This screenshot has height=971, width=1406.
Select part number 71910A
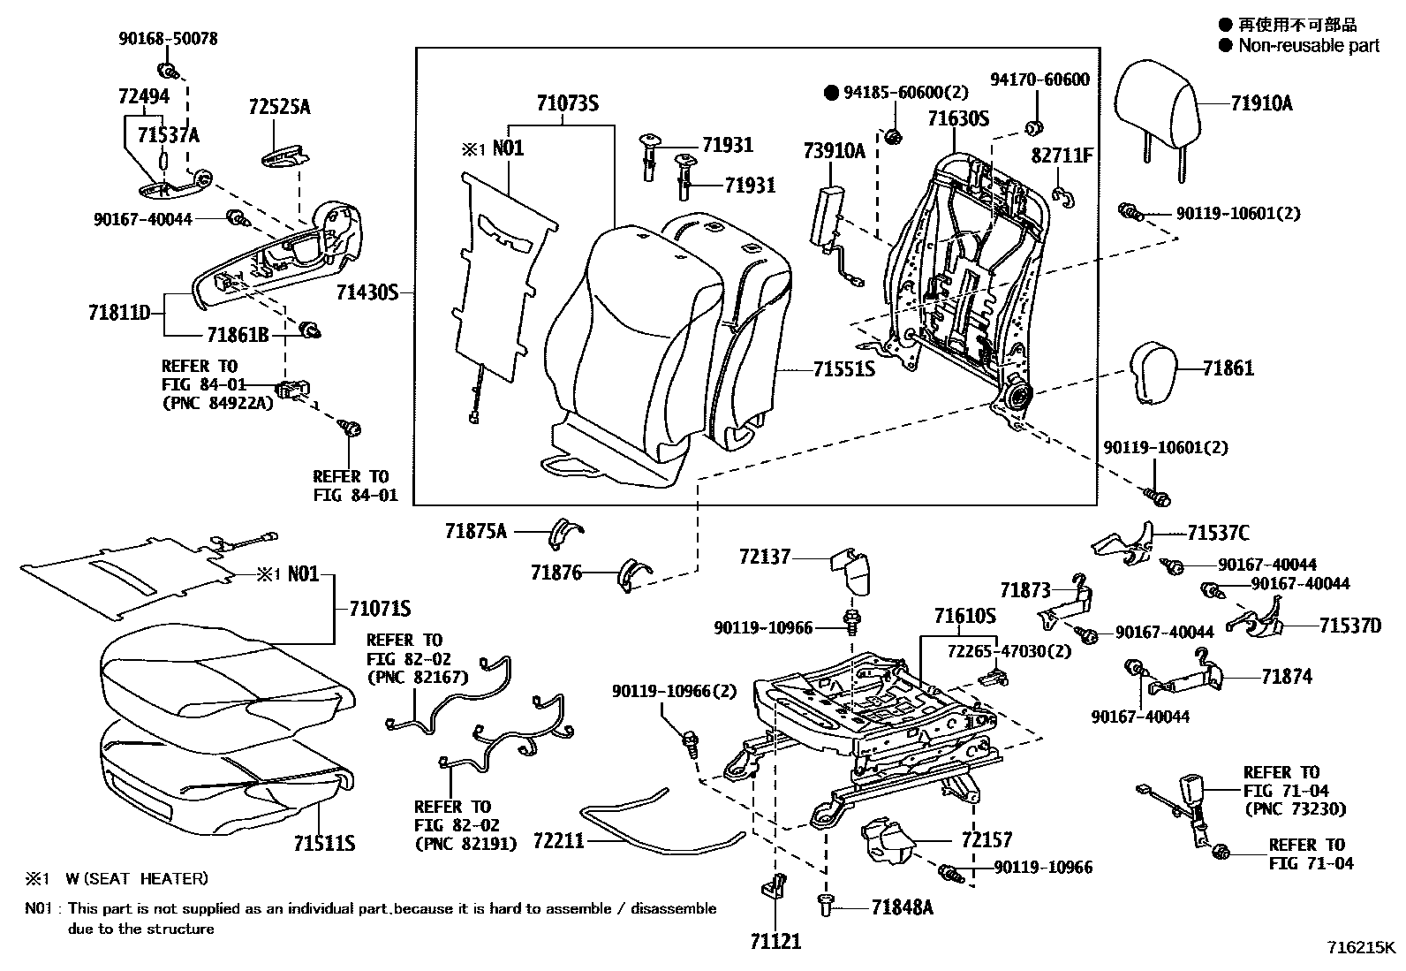pos(1261,104)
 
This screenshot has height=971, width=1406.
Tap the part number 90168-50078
pos(168,39)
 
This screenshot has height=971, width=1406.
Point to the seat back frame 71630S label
pos(958,119)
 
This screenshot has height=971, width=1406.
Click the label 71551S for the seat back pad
pos(844,368)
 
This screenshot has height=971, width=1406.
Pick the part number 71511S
pos(324,843)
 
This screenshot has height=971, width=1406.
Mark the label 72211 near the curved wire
pos(558,840)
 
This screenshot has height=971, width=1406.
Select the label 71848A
pos(902,907)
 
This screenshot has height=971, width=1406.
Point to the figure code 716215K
pos(1360,948)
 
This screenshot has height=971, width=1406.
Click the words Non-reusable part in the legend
pos(1308,45)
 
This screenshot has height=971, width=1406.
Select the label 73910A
pos(835,151)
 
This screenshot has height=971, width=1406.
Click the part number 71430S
pos(368,292)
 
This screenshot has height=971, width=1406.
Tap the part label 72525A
pos(279,107)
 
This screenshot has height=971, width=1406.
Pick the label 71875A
pos(476,531)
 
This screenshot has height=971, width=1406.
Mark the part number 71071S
pos(380,609)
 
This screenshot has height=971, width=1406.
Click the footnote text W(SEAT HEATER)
pos(137,878)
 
